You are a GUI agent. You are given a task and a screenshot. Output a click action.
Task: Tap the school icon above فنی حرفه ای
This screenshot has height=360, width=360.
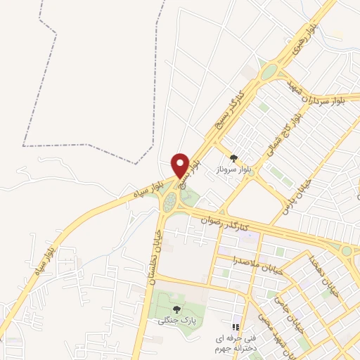pyautogui.click(x=236, y=327)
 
